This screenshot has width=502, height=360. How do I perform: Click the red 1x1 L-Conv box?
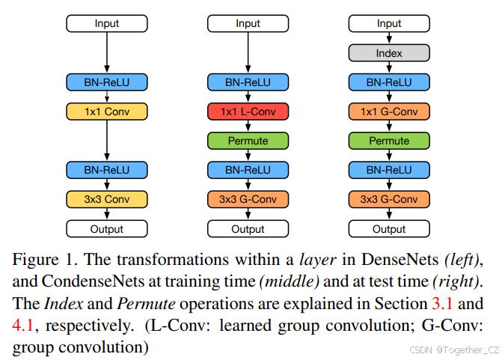[248, 112]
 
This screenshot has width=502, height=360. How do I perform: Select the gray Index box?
[389, 53]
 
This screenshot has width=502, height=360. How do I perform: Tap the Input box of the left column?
[107, 24]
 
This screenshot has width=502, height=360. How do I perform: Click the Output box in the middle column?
[248, 229]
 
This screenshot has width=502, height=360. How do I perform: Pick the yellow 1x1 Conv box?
[107, 112]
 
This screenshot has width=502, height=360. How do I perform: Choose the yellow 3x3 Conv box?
[107, 199]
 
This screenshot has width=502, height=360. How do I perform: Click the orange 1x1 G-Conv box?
[389, 112]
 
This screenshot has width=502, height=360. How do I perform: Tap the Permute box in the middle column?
[248, 141]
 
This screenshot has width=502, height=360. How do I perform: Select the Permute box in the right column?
[389, 141]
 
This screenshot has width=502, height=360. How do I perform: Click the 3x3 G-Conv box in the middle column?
[248, 199]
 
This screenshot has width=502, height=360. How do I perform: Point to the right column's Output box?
[389, 229]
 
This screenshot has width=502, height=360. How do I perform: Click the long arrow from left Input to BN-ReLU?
[107, 52]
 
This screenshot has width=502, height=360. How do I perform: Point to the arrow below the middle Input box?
[248, 52]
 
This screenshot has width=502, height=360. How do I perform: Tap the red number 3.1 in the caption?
[442, 305]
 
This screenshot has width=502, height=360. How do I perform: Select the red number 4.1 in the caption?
[24, 326]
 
